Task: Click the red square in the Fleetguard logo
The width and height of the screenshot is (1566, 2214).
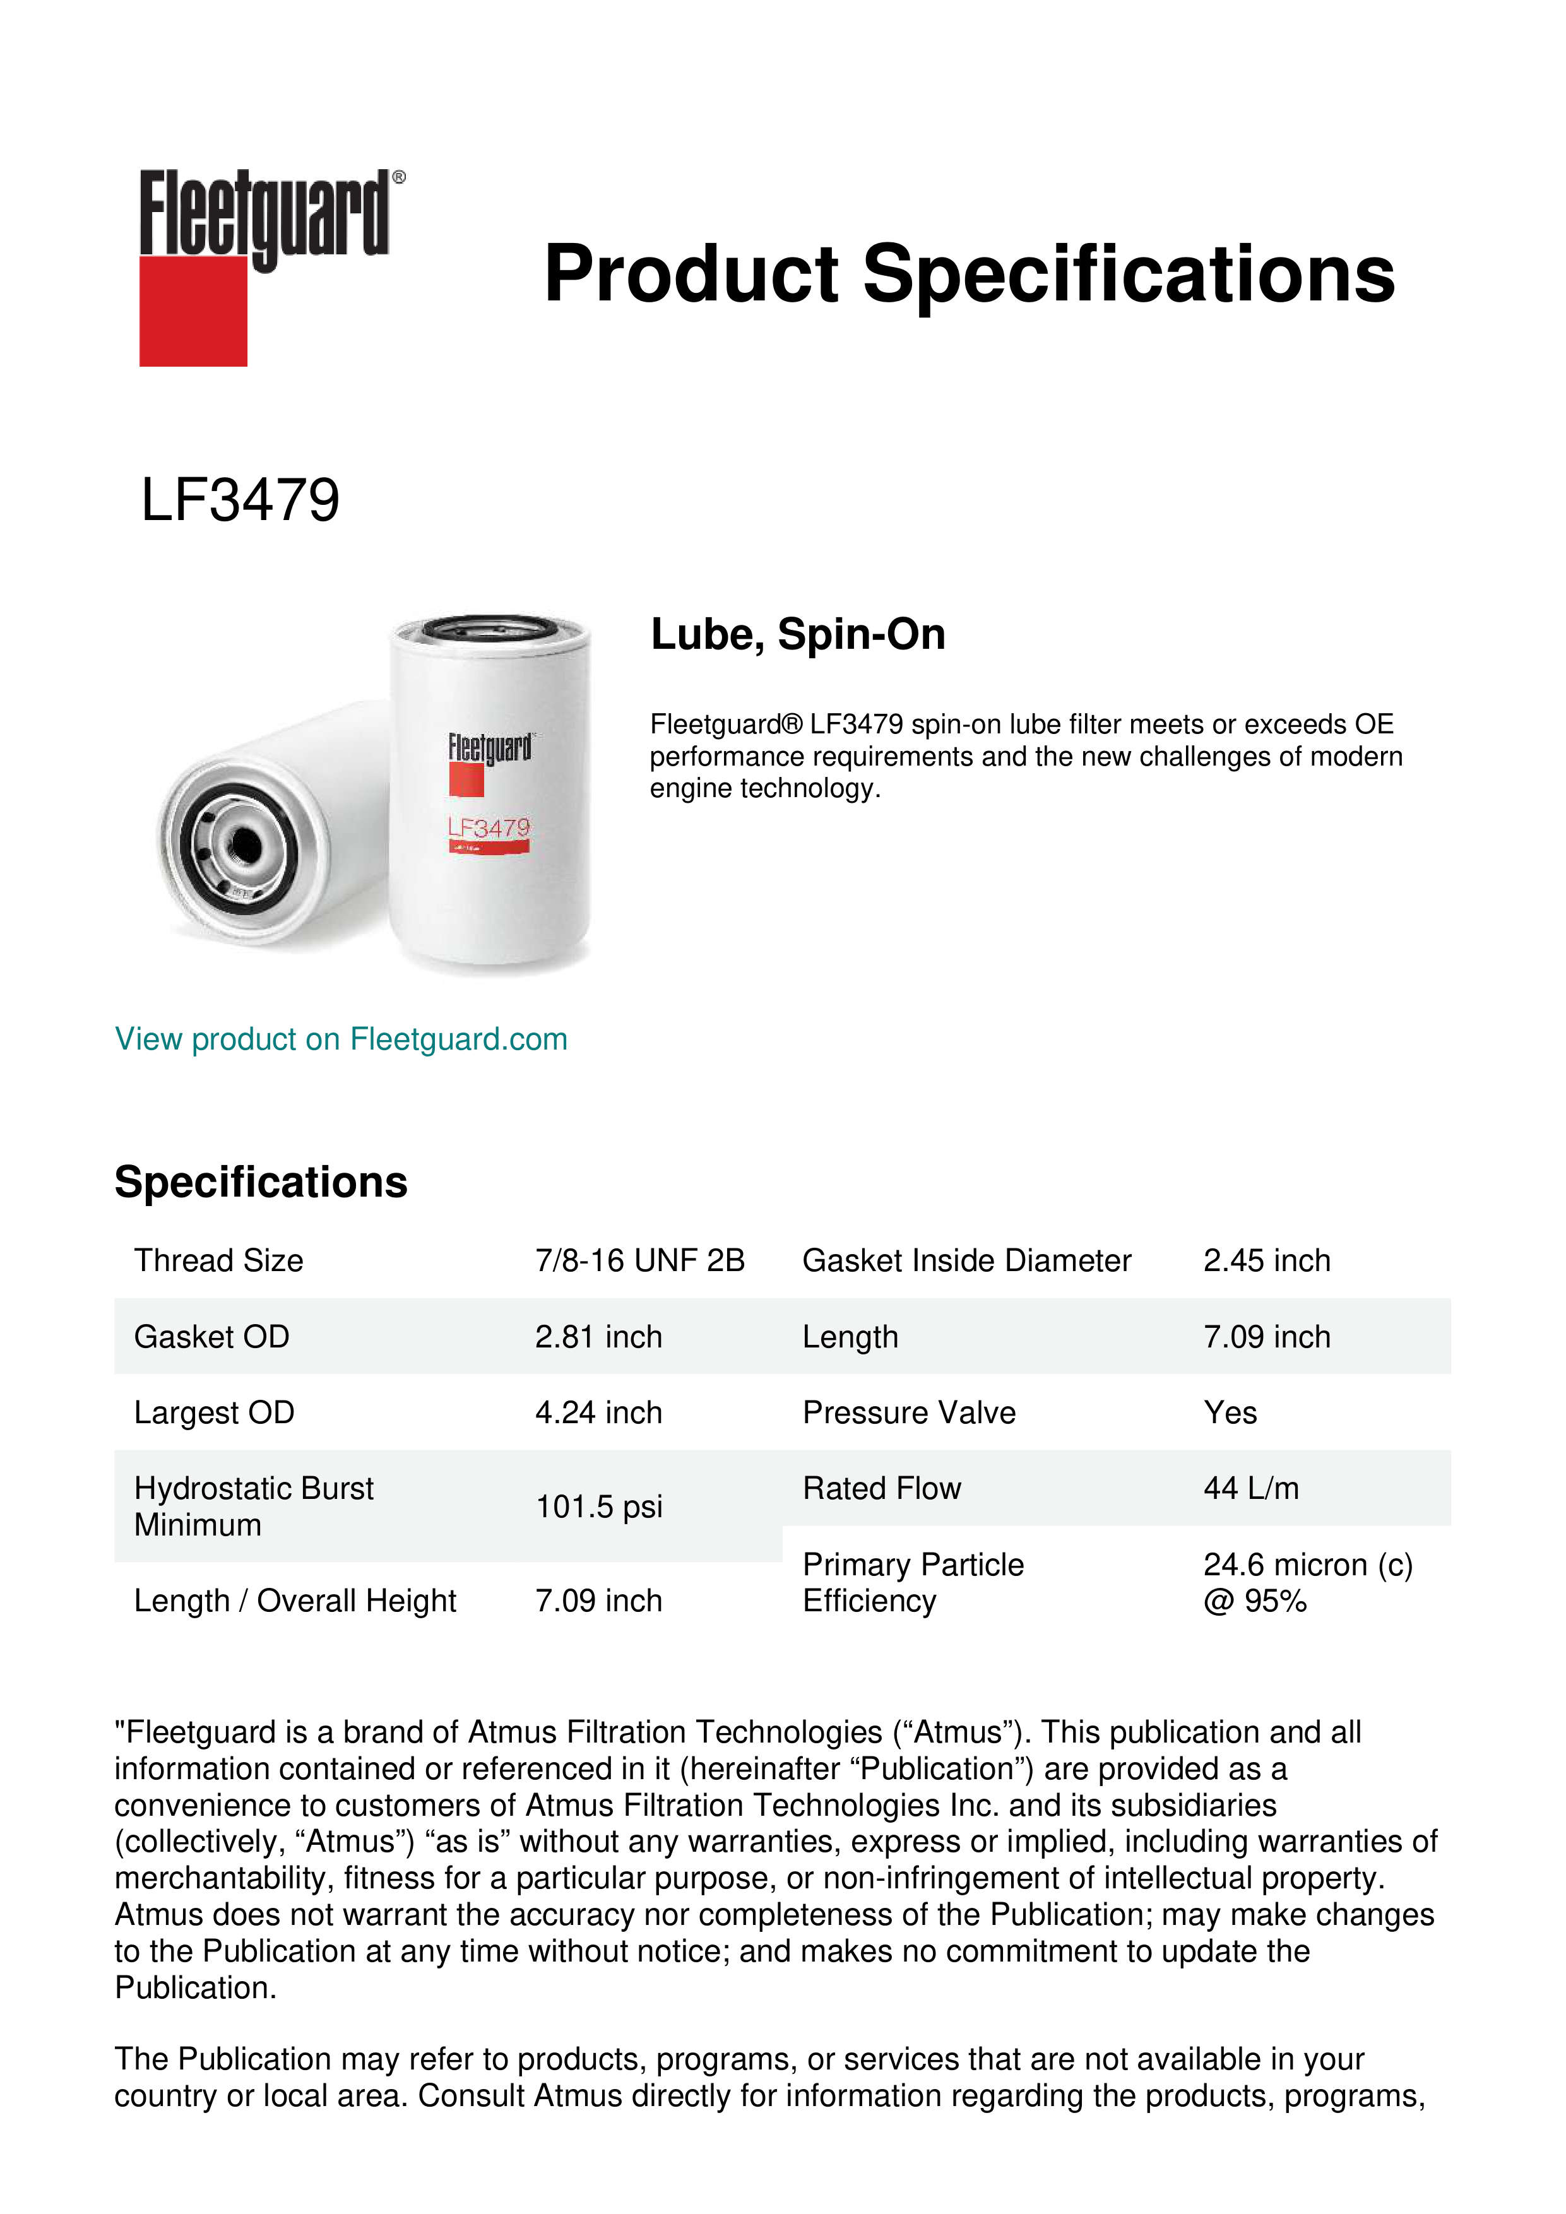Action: pos(193,311)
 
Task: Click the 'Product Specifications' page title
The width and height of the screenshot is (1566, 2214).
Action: pos(969,274)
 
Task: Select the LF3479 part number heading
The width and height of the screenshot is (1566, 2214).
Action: pos(240,500)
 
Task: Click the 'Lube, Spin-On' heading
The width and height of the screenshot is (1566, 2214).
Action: pos(797,634)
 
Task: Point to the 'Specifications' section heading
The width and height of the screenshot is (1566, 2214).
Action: pos(260,1182)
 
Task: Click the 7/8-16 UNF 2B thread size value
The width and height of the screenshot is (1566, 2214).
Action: pos(639,1260)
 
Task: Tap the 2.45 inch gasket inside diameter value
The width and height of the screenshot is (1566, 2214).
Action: pos(1266,1260)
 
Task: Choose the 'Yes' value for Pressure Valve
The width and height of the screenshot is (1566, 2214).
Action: pos(1230,1412)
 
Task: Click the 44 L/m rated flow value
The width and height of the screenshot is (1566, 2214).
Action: pos(1250,1489)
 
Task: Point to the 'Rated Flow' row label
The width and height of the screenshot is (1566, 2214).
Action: pos(881,1489)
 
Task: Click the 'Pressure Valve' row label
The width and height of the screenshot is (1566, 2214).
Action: pos(908,1412)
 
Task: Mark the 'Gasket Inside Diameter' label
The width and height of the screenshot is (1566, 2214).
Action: pos(966,1260)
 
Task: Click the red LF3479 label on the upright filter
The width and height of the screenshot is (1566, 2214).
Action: pos(489,828)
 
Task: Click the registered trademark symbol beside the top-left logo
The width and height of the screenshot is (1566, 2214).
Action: pos(399,177)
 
